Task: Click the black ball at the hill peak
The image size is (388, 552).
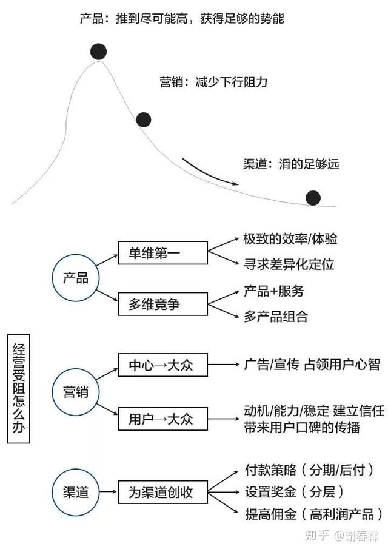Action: [x=98, y=52]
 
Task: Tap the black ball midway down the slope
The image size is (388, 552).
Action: [x=144, y=119]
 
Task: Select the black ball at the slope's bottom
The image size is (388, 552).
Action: [x=313, y=198]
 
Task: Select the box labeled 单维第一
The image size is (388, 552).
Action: [x=162, y=253]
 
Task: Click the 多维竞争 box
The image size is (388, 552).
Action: [x=162, y=304]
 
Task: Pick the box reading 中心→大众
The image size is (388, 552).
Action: [x=162, y=365]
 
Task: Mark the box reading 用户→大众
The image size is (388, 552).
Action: [x=162, y=419]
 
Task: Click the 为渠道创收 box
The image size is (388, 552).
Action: [x=162, y=492]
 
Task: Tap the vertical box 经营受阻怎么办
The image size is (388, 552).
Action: [x=18, y=389]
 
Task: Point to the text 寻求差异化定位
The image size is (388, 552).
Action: [x=289, y=264]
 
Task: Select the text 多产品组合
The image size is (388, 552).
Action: [x=276, y=317]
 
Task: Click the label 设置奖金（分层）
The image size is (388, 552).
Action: [x=295, y=492]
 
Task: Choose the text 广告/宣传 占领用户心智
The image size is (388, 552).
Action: [x=312, y=365]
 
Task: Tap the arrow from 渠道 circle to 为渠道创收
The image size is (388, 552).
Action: [x=108, y=492]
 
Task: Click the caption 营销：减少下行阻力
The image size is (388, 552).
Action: [x=213, y=82]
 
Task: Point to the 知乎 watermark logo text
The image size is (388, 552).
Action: [x=317, y=536]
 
